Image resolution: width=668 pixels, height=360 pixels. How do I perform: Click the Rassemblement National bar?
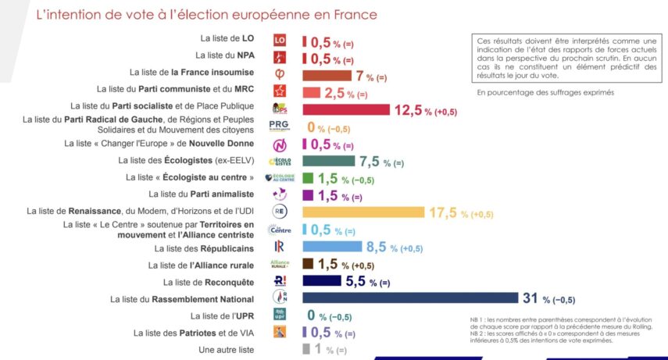(x=409, y=298)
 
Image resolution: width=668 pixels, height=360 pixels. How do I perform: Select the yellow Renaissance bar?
(x=363, y=212)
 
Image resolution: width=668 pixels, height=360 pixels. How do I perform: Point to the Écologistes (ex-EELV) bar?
(x=328, y=161)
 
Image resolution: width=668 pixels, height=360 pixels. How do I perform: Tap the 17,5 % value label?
(x=442, y=212)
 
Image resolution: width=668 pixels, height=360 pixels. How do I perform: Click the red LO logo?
(x=280, y=41)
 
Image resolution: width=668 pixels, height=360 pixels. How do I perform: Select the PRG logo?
(x=278, y=127)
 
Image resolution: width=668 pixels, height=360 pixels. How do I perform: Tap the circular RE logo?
(x=280, y=212)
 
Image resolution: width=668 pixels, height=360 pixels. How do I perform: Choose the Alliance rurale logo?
(x=279, y=263)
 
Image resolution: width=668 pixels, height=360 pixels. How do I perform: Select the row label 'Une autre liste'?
(x=227, y=349)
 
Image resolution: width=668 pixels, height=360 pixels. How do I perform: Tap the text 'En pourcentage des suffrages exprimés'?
(x=545, y=92)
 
